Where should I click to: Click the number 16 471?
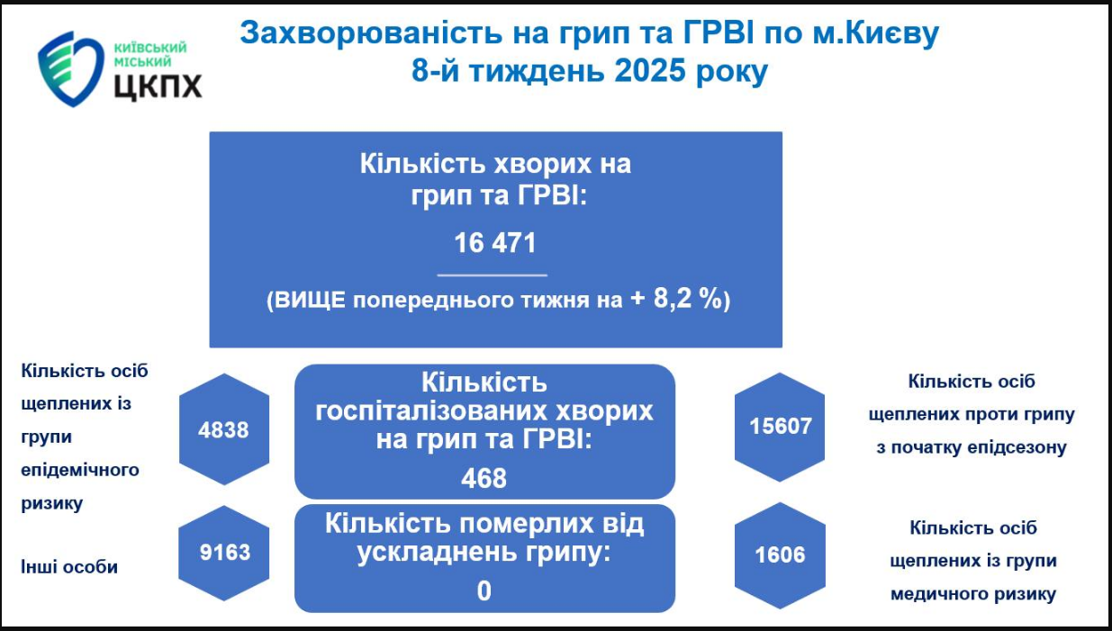(x=494, y=243)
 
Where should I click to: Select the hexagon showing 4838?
(x=223, y=429)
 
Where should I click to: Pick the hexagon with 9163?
(x=225, y=551)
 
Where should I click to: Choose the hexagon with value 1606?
(x=780, y=554)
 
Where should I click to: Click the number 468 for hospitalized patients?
(x=484, y=477)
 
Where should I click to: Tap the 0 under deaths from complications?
(x=484, y=591)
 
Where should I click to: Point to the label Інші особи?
(x=69, y=567)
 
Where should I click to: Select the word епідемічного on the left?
(x=80, y=470)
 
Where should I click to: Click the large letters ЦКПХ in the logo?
(x=158, y=86)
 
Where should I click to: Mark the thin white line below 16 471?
(x=493, y=274)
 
